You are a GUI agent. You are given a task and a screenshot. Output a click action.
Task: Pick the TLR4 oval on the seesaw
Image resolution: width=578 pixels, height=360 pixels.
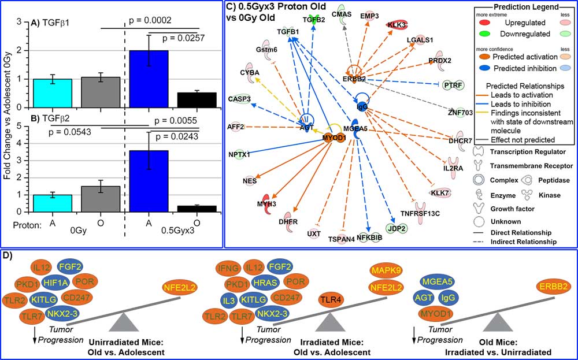(332, 299)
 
